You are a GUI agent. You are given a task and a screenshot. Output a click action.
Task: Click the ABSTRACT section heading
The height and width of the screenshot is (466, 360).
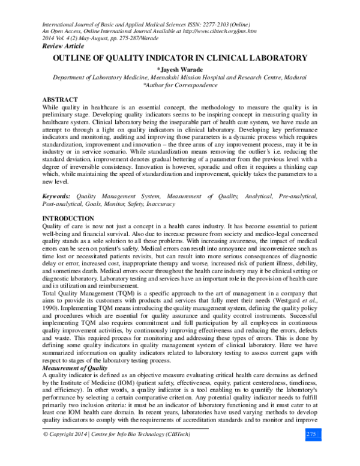coord(60,98)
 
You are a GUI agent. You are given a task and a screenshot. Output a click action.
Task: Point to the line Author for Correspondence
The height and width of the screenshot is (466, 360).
coord(181,85)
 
